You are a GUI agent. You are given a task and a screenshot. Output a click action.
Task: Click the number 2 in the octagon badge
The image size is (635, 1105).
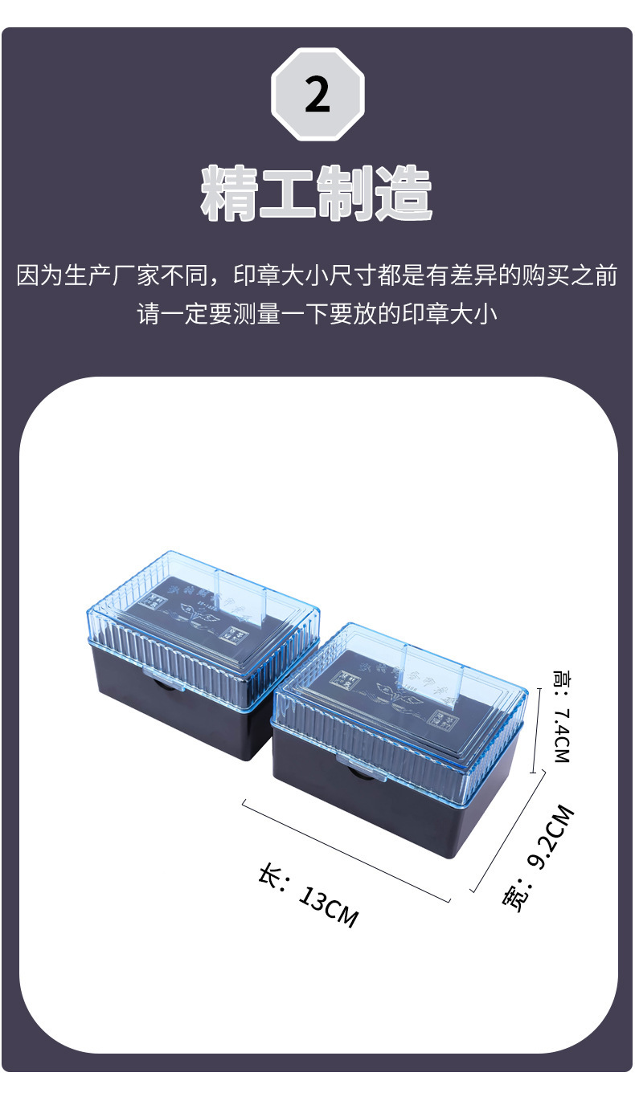coord(317,95)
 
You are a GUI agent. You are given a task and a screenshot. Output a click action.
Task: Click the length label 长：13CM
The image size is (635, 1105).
coord(307,895)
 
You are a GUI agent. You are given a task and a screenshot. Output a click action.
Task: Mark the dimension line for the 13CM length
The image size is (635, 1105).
coord(346,850)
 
